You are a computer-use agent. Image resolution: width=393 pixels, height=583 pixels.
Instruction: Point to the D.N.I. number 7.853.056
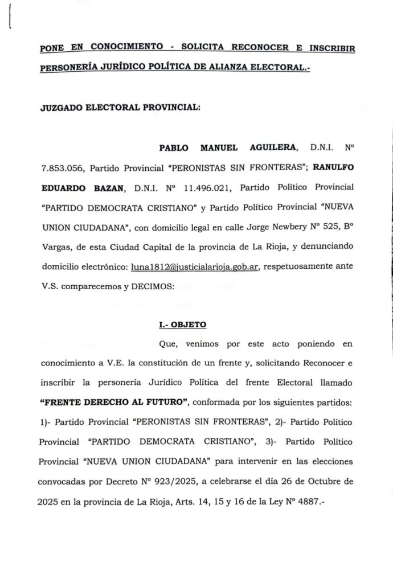[62, 168]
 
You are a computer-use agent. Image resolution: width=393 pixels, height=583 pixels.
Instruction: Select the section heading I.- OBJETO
[182, 325]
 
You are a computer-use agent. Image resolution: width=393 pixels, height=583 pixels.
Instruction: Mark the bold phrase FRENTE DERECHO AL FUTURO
[114, 403]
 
